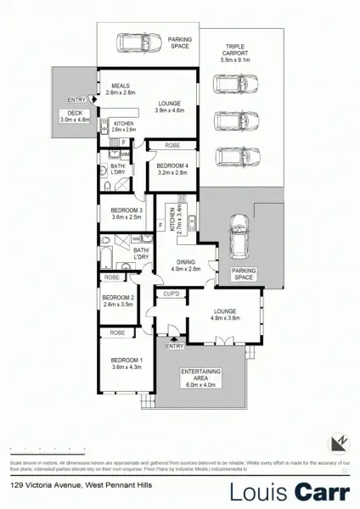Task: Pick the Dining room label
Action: (184, 264)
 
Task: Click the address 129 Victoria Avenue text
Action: (76, 485)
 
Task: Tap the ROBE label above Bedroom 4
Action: (169, 145)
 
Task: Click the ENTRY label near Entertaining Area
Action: (173, 346)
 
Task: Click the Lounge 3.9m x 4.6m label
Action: (169, 105)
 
